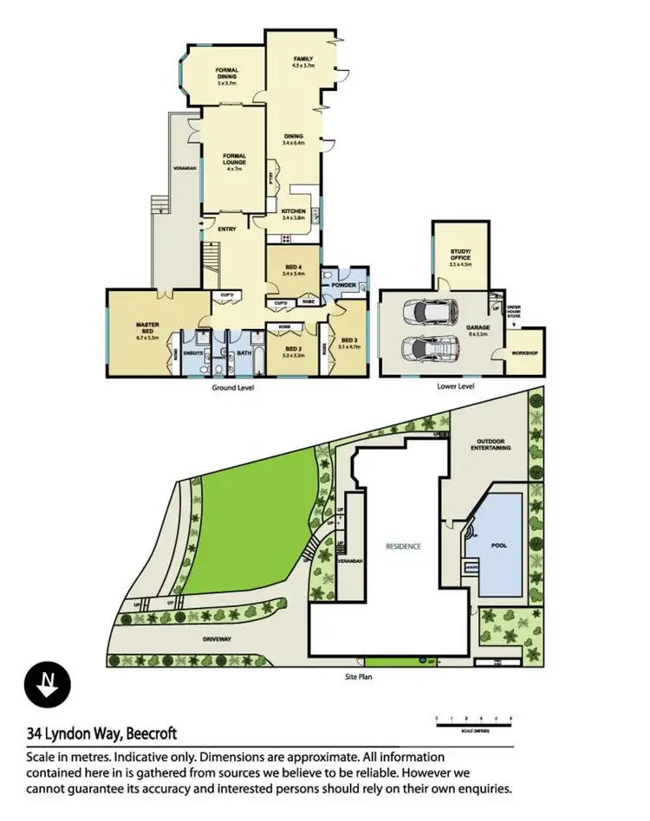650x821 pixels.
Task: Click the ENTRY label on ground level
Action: click(227, 229)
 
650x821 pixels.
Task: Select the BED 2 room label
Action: click(292, 349)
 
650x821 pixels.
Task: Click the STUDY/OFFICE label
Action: click(460, 257)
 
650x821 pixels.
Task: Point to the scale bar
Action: click(474, 720)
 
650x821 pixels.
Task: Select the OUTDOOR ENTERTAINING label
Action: click(491, 444)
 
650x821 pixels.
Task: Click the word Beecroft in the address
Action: click(153, 734)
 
